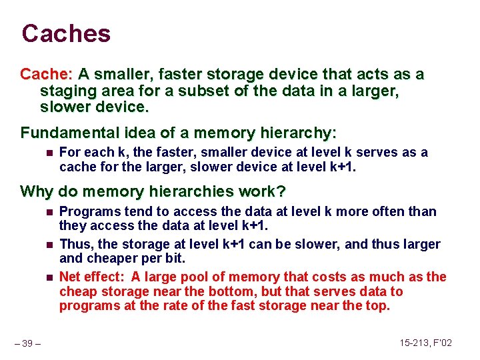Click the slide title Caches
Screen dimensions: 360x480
(66, 33)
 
